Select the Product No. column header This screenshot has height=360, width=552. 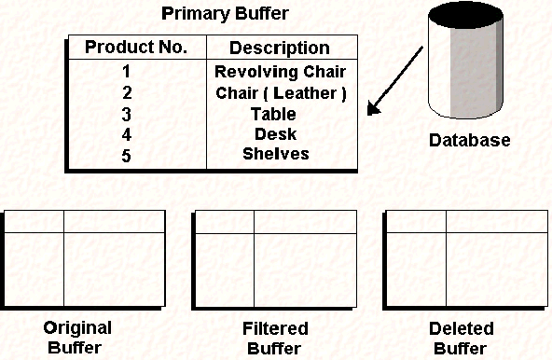coord(136,48)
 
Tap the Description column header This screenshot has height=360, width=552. coord(280,48)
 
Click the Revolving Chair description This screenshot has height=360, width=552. coord(280,72)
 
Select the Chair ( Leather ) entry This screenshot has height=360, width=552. coord(280,93)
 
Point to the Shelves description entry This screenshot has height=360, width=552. coord(276,154)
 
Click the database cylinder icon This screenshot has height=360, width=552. coord(468,70)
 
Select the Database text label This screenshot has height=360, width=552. coord(469,141)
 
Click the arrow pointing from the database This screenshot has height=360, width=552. coord(393,90)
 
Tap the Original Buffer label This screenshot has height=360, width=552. coord(77,338)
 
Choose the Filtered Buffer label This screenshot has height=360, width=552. coord(274,338)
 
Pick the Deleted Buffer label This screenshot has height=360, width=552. coord(461,338)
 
